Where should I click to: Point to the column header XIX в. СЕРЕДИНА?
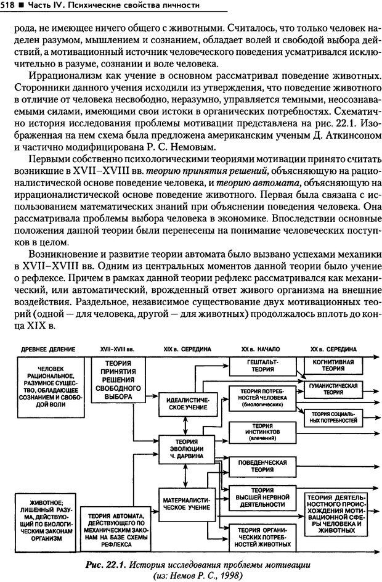coord(187,349)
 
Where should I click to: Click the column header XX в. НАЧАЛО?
coord(257,349)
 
